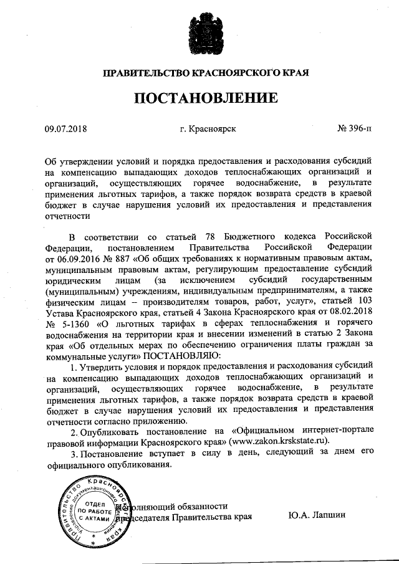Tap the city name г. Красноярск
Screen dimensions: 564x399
pos(208,130)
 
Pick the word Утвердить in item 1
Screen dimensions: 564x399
pos(100,366)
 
